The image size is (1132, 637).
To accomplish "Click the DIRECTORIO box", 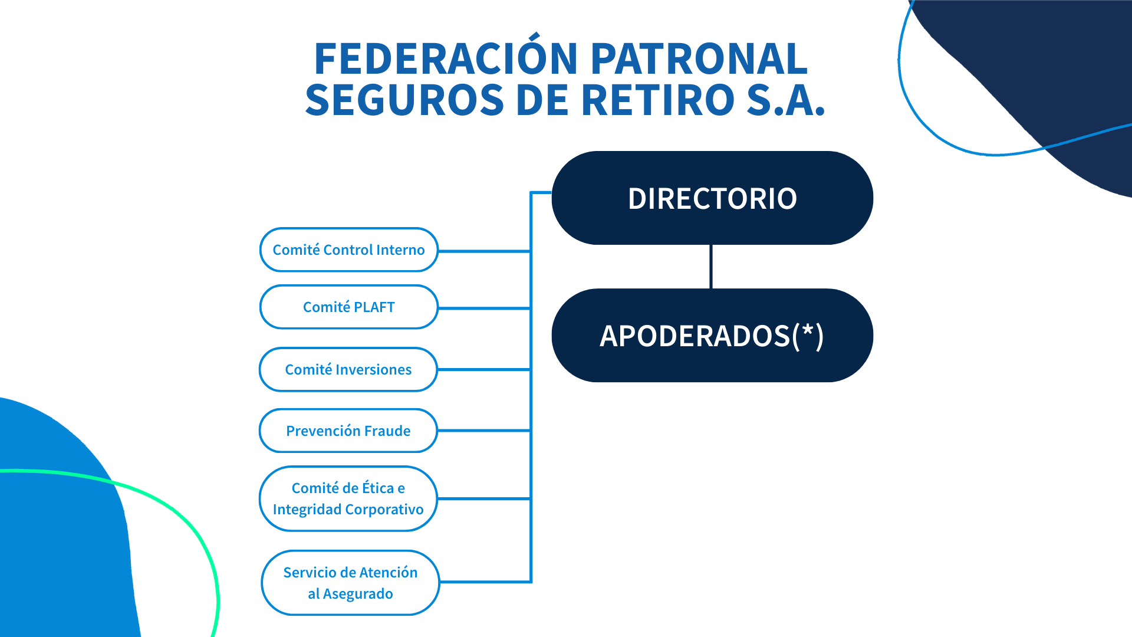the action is pyautogui.click(x=712, y=198).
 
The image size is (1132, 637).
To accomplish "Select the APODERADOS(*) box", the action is pyautogui.click(x=712, y=336).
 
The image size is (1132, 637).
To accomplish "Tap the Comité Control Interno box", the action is pyautogui.click(x=349, y=249).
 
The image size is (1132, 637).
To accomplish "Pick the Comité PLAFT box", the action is pyautogui.click(x=349, y=307).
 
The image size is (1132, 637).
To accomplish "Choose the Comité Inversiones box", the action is pyautogui.click(x=348, y=369).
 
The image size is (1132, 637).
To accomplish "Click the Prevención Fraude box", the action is pyautogui.click(x=348, y=431).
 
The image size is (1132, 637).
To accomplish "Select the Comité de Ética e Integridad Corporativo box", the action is pyautogui.click(x=348, y=498).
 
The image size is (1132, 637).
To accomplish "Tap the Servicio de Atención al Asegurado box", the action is pyautogui.click(x=351, y=583).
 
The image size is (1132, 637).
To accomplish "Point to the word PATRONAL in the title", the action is pyautogui.click(x=699, y=59).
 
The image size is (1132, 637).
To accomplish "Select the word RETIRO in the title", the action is pyautogui.click(x=658, y=100).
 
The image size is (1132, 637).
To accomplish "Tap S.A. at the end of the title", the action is pyautogui.click(x=786, y=100).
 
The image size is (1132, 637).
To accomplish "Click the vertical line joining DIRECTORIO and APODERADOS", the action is pyautogui.click(x=711, y=267).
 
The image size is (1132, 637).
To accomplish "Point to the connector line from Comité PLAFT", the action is pyautogui.click(x=485, y=308).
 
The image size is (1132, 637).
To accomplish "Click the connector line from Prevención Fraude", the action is pyautogui.click(x=484, y=431).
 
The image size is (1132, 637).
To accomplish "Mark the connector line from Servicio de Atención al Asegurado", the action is pyautogui.click(x=486, y=582).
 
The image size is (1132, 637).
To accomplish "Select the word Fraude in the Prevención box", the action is pyautogui.click(x=387, y=431).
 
